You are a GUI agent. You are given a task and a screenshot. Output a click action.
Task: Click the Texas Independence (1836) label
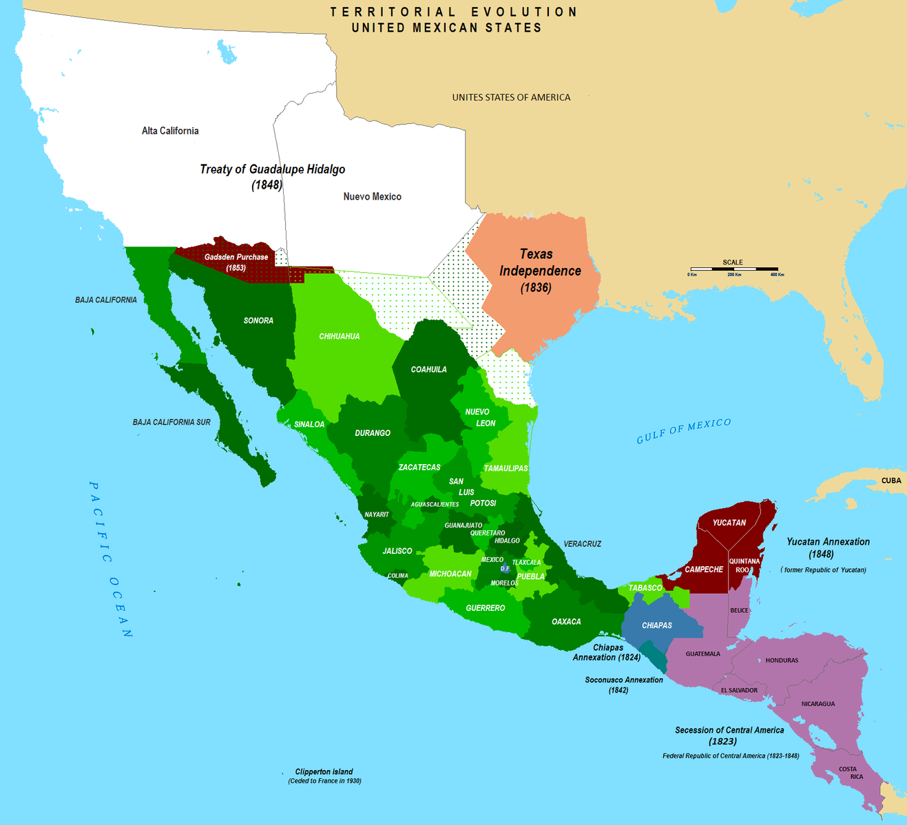[x=539, y=271]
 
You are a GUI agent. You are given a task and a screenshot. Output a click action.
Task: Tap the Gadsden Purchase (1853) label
[x=236, y=262]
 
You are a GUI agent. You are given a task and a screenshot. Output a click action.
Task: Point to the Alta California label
[x=170, y=131]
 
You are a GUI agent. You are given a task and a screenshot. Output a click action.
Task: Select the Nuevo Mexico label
[x=372, y=197]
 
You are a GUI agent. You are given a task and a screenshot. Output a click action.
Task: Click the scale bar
[x=734, y=269]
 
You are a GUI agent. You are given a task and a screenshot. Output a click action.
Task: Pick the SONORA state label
[x=258, y=321]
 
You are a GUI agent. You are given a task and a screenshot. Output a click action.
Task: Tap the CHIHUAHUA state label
[x=339, y=337]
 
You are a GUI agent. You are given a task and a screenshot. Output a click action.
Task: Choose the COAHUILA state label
[x=428, y=370]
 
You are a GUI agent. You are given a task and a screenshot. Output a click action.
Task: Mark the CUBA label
[x=891, y=481]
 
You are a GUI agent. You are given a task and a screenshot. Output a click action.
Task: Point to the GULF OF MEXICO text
[x=683, y=430]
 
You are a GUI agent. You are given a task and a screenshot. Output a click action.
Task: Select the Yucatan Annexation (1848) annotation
[x=828, y=547]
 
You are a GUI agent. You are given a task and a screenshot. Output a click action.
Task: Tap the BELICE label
[x=739, y=611]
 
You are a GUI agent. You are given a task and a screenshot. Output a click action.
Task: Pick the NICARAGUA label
[x=817, y=704]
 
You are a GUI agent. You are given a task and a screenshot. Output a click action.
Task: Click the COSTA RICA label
[x=851, y=773]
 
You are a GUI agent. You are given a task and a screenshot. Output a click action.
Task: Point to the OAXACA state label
[x=566, y=622]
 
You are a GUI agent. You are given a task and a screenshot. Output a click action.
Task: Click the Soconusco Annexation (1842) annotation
[x=623, y=685]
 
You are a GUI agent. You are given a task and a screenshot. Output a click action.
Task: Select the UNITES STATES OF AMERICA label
[x=511, y=98]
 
